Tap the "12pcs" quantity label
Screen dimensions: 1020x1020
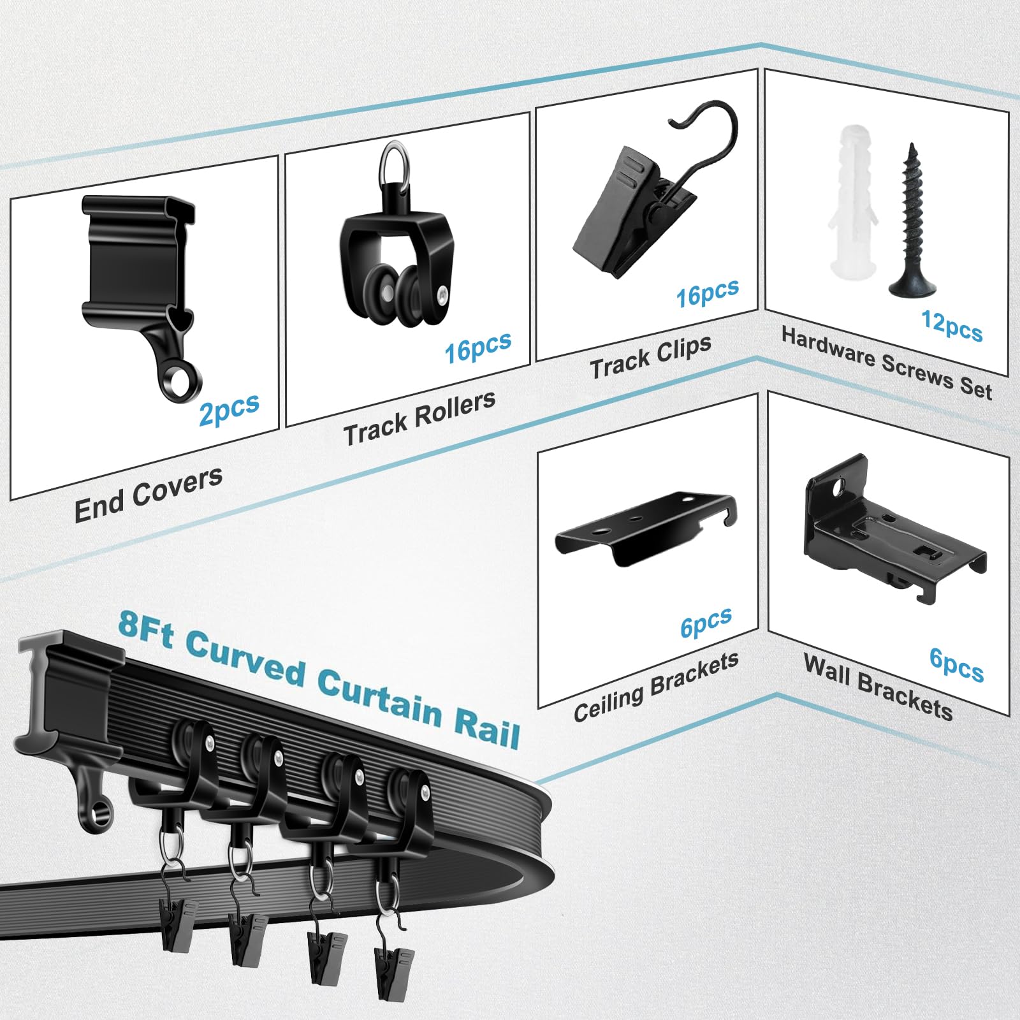[952, 326]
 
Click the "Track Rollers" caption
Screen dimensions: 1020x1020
[419, 417]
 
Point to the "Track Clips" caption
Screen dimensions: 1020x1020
[650, 357]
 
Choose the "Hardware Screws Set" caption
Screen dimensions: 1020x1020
[887, 364]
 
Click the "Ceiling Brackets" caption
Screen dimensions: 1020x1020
[656, 687]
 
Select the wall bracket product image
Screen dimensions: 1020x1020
[892, 527]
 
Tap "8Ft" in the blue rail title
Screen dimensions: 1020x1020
[146, 627]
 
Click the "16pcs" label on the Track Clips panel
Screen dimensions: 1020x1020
[707, 293]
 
